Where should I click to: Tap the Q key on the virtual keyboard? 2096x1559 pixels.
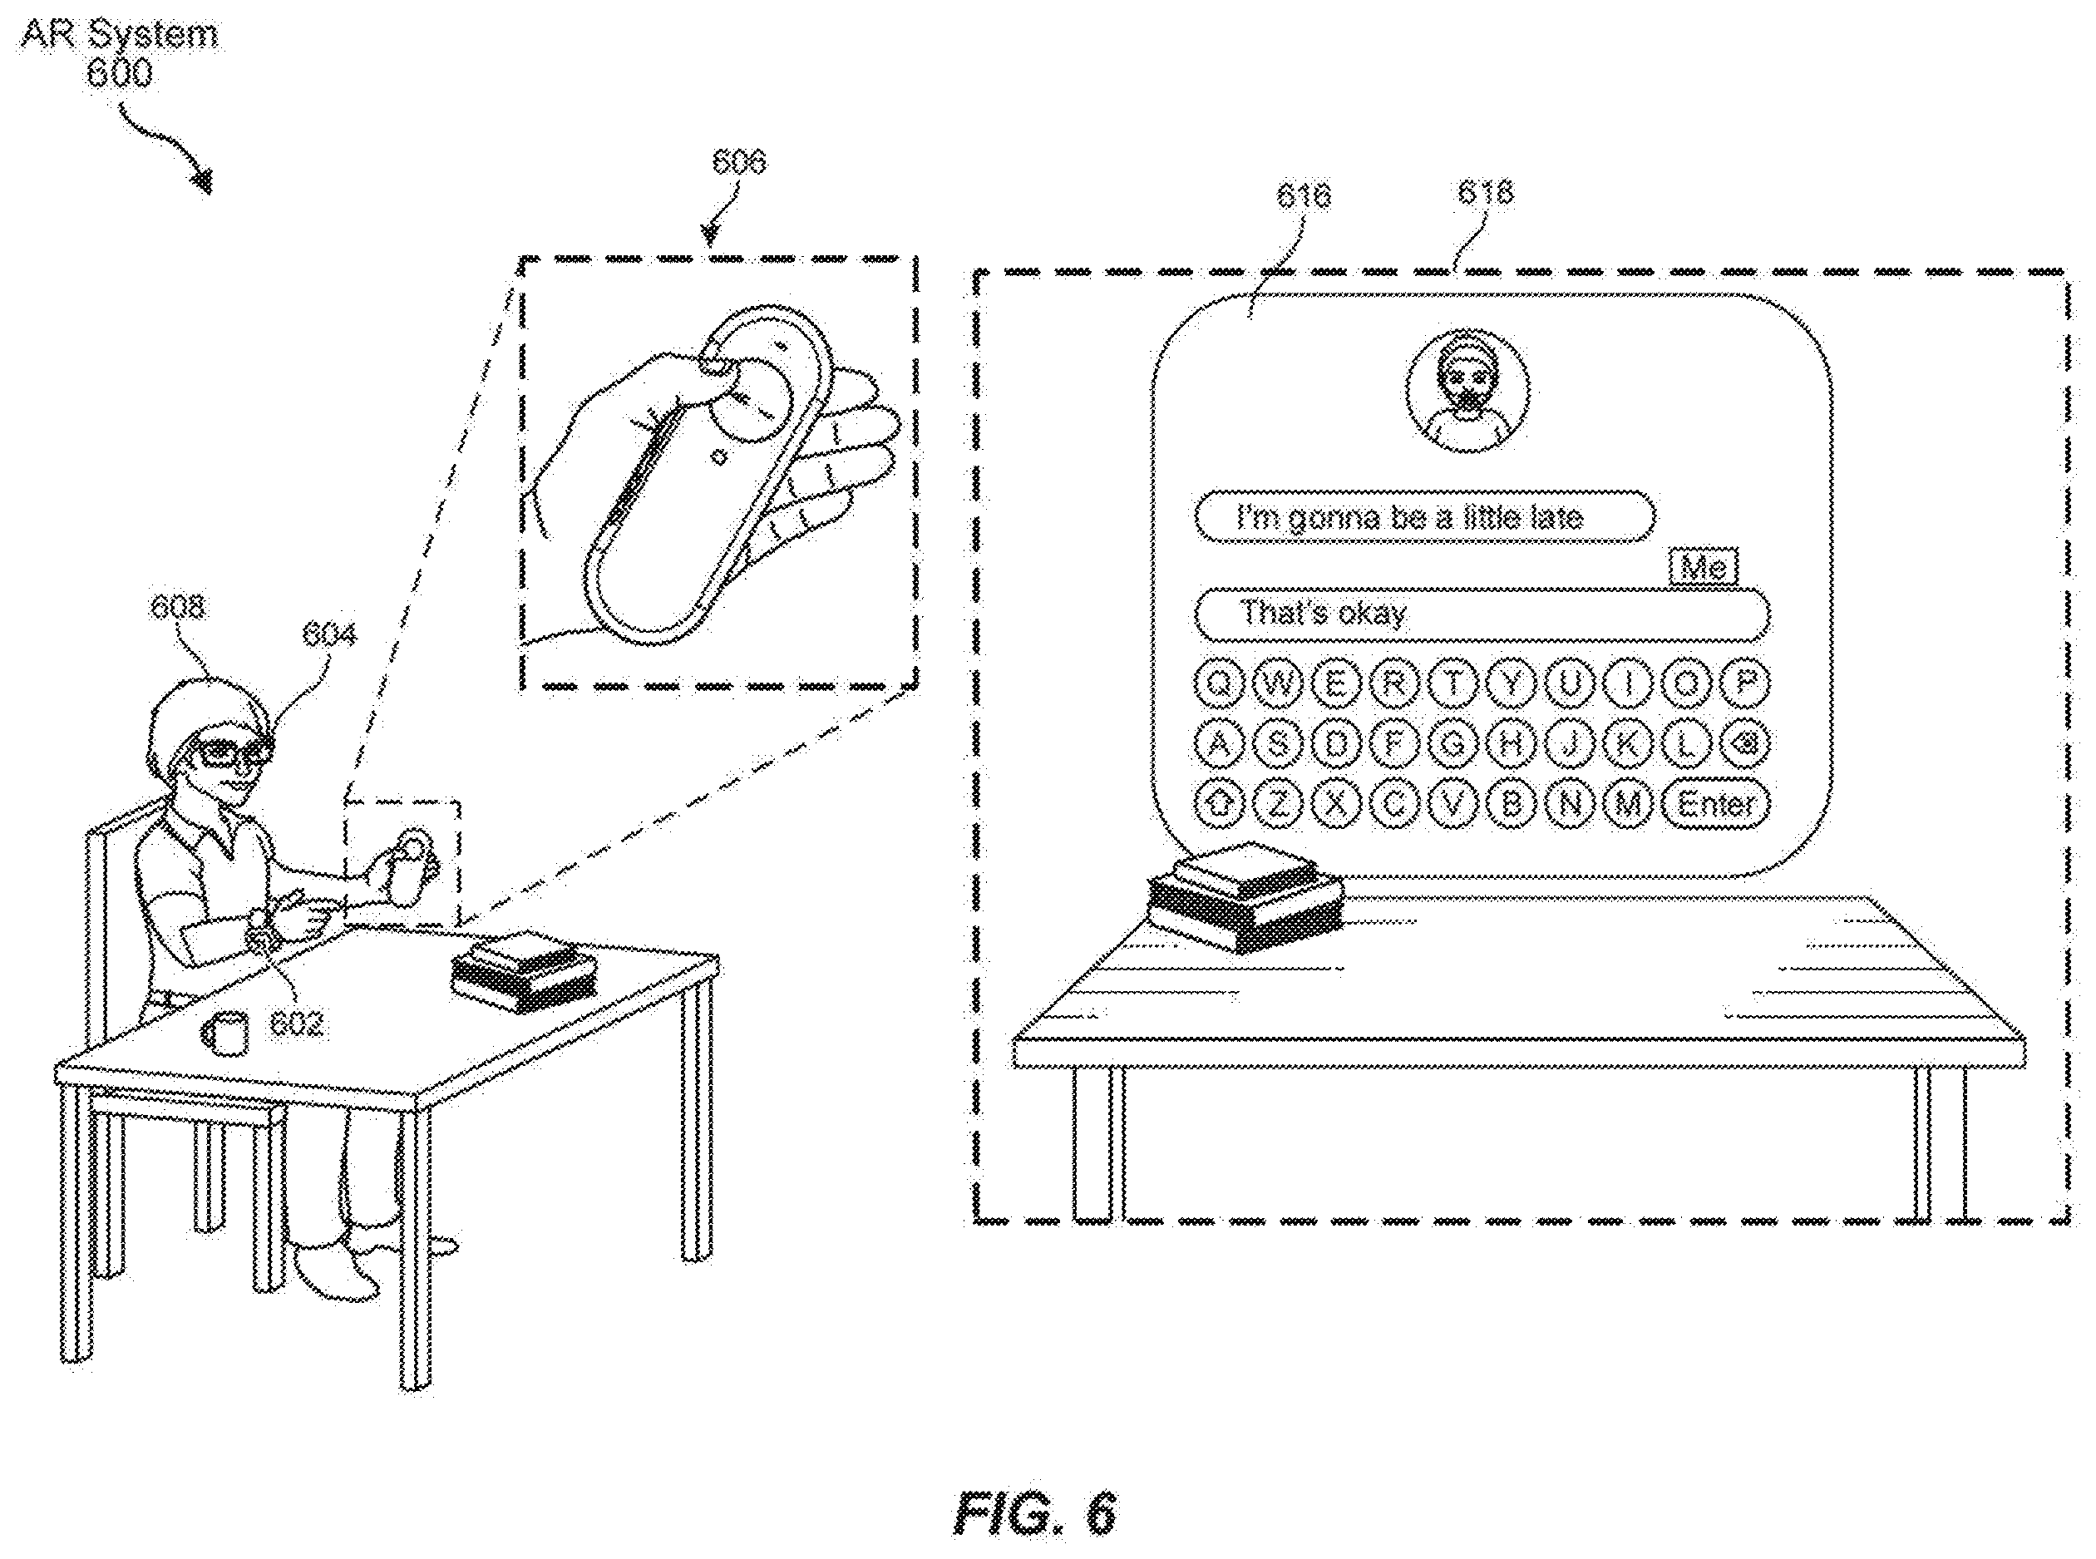tap(1220, 683)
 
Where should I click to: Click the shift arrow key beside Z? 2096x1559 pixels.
tap(1220, 804)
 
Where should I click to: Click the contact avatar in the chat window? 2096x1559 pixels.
tap(1467, 390)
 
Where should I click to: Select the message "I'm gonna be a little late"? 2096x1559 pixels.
tap(1425, 517)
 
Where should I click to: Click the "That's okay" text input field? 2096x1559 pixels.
tap(1482, 614)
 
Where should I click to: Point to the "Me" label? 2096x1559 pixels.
tap(1704, 567)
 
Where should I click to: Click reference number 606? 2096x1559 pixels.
tap(738, 162)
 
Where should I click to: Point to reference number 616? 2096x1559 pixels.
tap(1304, 195)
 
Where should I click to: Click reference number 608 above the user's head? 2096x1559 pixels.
tap(177, 607)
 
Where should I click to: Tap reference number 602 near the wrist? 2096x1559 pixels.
tap(296, 1024)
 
